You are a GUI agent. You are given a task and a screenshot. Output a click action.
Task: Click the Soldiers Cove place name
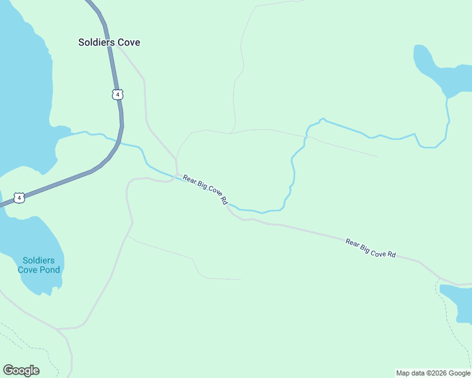(x=109, y=42)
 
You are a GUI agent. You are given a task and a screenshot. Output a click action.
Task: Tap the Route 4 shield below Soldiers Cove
(x=117, y=94)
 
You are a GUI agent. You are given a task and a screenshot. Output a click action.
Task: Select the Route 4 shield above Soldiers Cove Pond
(x=20, y=198)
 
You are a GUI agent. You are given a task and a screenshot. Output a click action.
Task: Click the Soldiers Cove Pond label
(x=39, y=265)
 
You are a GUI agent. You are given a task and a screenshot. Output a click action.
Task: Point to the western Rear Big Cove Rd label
(x=205, y=190)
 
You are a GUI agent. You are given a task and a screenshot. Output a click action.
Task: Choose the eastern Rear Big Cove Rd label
(x=370, y=248)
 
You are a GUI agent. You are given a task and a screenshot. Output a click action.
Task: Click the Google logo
(x=21, y=370)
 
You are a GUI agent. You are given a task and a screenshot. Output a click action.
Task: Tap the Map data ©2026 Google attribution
(x=433, y=373)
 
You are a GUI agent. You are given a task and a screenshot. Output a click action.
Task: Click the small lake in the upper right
(x=432, y=69)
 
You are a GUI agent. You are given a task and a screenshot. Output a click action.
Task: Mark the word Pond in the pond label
(x=49, y=270)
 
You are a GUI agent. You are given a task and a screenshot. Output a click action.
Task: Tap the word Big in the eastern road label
(x=367, y=246)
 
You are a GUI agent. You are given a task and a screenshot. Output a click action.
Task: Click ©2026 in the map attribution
(x=430, y=373)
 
